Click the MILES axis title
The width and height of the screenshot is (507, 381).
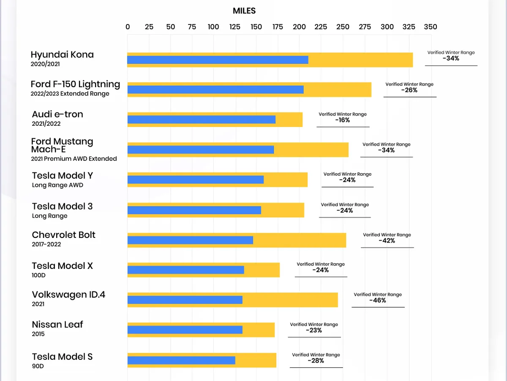(x=244, y=11)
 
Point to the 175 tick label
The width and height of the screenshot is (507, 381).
(x=278, y=27)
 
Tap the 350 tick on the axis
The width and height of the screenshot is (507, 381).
(x=431, y=27)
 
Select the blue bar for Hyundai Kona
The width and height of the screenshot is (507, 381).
(x=218, y=60)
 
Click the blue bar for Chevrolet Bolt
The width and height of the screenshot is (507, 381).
(x=190, y=240)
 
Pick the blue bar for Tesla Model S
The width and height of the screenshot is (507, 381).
(x=181, y=360)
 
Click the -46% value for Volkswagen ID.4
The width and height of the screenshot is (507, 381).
(x=378, y=301)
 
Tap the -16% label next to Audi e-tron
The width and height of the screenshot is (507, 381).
(x=343, y=120)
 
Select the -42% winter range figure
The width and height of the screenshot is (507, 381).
(x=387, y=241)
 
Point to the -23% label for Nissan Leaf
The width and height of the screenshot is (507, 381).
(x=314, y=330)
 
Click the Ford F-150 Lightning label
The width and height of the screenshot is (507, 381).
(x=75, y=84)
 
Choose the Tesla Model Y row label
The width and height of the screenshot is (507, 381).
(x=63, y=176)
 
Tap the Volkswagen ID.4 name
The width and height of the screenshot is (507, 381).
(x=68, y=295)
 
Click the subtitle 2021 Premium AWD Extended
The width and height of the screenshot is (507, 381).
(x=74, y=159)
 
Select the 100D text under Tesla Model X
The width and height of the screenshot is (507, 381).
(x=38, y=275)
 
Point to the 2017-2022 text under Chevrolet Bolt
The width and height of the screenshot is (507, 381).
(x=46, y=244)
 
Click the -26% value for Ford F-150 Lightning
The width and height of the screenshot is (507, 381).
(x=409, y=90)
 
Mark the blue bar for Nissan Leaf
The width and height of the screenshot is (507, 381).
(x=185, y=330)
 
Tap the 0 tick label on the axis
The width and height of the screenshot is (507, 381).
(x=128, y=27)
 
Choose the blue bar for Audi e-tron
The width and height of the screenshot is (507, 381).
(x=201, y=119)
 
